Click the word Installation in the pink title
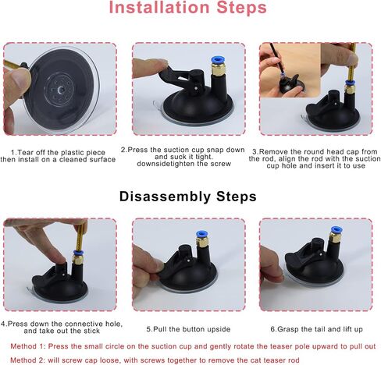[x=159, y=8]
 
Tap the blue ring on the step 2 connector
[x=218, y=60]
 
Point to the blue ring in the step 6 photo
[x=336, y=230]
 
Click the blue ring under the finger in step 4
[x=78, y=253]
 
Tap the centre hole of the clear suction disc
[x=61, y=90]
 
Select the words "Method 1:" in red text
[x=27, y=346]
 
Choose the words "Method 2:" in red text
[x=27, y=360]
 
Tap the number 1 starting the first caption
[x=12, y=152]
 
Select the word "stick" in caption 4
[x=91, y=331]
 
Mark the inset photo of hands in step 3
[x=290, y=70]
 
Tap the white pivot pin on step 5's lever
[x=188, y=259]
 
